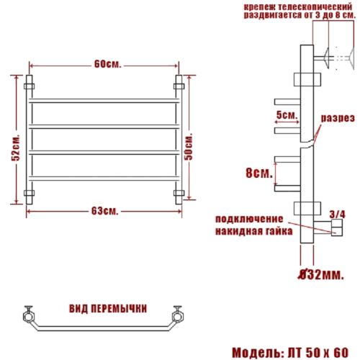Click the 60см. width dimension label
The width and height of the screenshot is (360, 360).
coord(105,64)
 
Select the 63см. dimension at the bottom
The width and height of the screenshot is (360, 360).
coord(105,210)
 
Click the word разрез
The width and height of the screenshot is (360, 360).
coord(336,117)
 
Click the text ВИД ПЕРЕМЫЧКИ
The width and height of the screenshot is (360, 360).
coord(109,307)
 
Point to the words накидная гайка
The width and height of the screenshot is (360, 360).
coord(253,232)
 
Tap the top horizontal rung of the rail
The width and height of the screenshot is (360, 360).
coord(103,99)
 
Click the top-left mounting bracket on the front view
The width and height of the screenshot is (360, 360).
coord(30,84)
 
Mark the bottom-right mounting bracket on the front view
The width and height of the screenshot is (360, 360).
coord(179,193)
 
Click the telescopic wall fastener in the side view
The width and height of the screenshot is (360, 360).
coord(328,56)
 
